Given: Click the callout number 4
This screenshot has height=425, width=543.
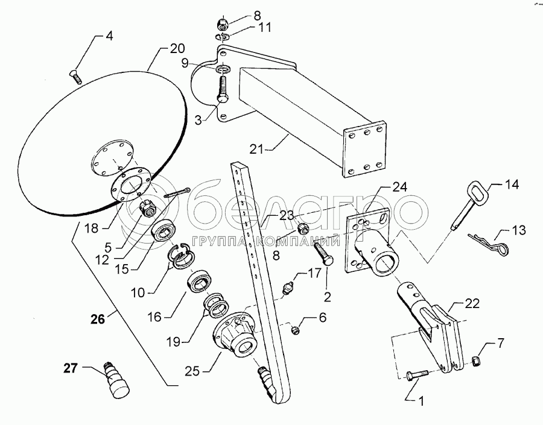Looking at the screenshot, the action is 109,36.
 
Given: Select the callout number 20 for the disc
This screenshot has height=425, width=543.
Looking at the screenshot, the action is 177,48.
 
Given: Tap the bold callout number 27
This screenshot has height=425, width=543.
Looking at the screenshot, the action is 71,368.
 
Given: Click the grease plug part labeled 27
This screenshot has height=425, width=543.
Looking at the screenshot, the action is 116,381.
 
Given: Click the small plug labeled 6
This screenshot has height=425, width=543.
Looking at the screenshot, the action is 295,330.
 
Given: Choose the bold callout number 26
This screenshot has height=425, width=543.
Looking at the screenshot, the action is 98,319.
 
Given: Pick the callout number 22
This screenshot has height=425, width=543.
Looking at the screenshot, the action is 472,303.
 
